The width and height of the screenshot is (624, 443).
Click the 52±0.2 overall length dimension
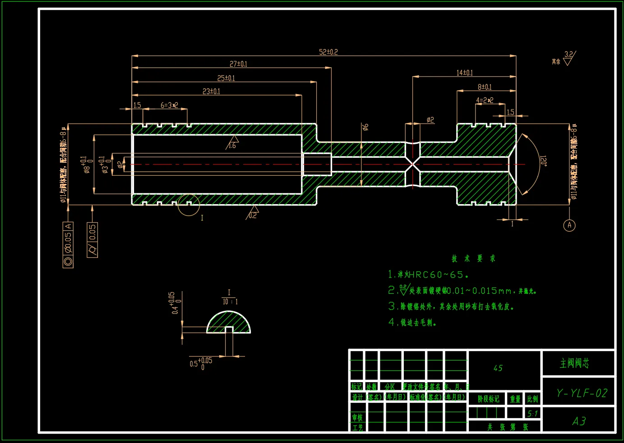pyautogui.click(x=328, y=52)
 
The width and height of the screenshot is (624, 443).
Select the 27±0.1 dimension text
pyautogui.click(x=238, y=64)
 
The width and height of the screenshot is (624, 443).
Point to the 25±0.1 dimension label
pyautogui.click(x=226, y=78)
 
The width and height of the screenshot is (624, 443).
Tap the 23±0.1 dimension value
pyautogui.click(x=211, y=91)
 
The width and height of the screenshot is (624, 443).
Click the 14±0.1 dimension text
pyautogui.click(x=464, y=73)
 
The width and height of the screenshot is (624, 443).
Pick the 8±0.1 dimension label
pyautogui.click(x=485, y=87)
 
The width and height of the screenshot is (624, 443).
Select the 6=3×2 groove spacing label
pyautogui.click(x=169, y=105)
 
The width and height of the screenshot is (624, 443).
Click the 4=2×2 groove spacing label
pyautogui.click(x=485, y=100)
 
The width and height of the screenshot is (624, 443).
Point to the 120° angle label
pyautogui.click(x=544, y=161)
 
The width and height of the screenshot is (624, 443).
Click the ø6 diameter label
pyautogui.click(x=365, y=127)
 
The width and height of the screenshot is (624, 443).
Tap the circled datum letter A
pyautogui.click(x=569, y=225)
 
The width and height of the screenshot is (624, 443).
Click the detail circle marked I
pyautogui.click(x=189, y=206)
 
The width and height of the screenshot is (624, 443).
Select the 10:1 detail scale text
pyautogui.click(x=230, y=301)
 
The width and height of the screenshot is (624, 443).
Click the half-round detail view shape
pyautogui.click(x=228, y=323)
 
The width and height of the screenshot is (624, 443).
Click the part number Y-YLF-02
pyautogui.click(x=582, y=393)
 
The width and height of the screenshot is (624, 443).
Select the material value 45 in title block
pyautogui.click(x=498, y=368)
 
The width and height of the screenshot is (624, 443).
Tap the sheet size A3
pyautogui.click(x=579, y=421)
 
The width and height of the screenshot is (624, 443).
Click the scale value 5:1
pyautogui.click(x=532, y=413)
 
